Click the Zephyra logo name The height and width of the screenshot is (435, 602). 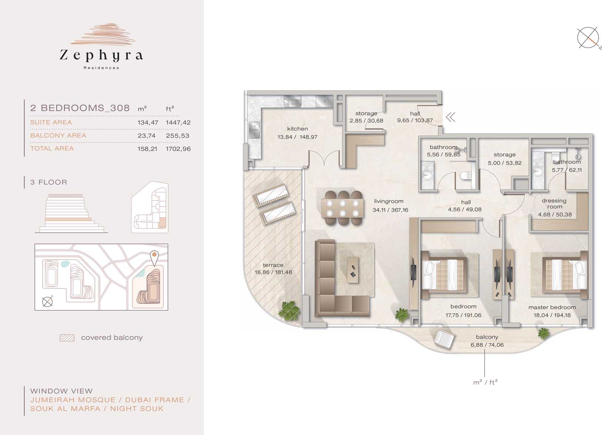click(101, 55)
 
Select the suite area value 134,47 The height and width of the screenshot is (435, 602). click(148, 122)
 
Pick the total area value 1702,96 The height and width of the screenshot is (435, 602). click(178, 149)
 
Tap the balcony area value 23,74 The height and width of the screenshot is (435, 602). click(147, 136)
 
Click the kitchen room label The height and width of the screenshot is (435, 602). click(297, 129)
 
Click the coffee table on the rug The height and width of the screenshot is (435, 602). click(353, 270)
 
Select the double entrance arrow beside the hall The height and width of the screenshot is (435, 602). click(451, 117)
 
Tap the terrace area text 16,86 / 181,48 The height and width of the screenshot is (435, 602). click(273, 272)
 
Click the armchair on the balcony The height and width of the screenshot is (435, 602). click(444, 339)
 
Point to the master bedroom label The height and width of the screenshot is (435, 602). click(552, 307)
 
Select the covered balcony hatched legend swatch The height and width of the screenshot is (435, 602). click(67, 338)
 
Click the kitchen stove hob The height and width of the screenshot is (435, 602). click(292, 102)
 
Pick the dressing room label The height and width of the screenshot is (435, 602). click(554, 204)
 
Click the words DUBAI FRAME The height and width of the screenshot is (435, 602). click(154, 400)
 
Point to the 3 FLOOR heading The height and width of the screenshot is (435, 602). click(49, 182)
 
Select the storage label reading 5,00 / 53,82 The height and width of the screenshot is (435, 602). click(505, 163)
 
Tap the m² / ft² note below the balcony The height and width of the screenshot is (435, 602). click(485, 382)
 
